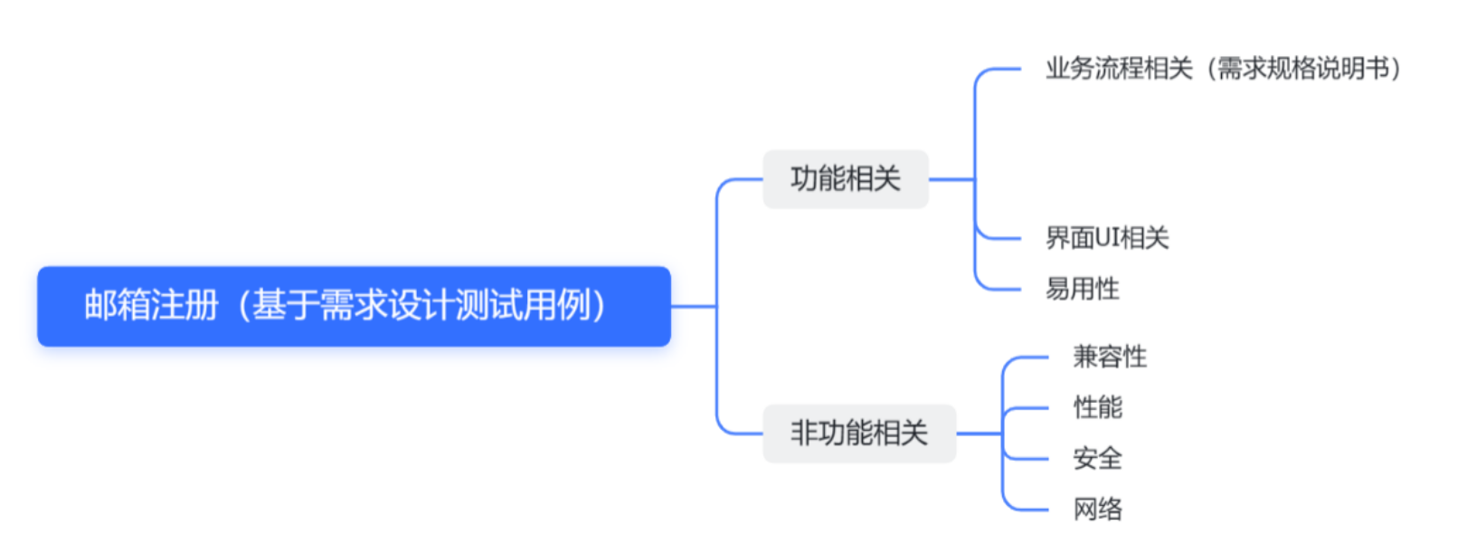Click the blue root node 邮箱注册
coord(354,306)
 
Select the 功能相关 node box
coord(845,179)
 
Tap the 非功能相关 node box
coord(858,434)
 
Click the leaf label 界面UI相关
coord(1107,238)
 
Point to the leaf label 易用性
coord(1082,290)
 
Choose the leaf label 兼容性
coord(1110,357)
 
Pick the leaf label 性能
coord(1097,407)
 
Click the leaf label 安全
coord(1097,459)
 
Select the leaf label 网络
coord(1097,510)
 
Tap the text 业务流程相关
coord(1119,69)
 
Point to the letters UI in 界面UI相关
coord(1107,238)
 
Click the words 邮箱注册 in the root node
coord(151,306)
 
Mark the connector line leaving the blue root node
coord(693,306)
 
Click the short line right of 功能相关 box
coord(951,179)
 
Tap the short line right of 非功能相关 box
coord(979,434)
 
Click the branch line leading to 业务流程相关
coord(999,69)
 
